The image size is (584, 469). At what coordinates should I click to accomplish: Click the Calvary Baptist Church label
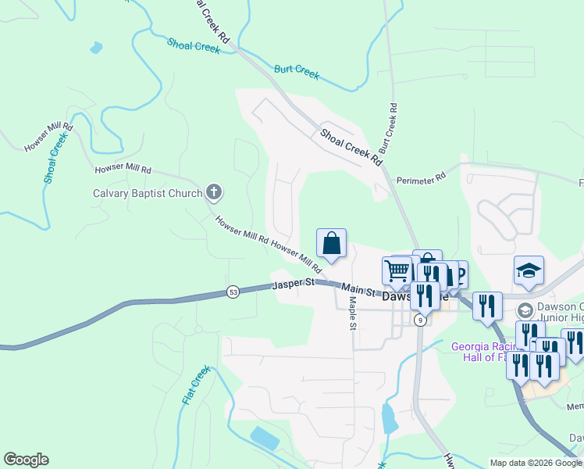coord(148,193)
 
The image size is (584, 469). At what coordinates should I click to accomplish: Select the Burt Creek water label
coord(297,72)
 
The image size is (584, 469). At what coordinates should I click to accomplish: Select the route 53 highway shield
coord(233,292)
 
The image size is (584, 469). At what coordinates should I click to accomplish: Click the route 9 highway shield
coord(420,320)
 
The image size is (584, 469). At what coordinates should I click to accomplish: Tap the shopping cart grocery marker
coord(397,270)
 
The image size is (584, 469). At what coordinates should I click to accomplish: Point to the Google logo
coord(26,460)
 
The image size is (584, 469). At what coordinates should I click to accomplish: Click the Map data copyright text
coord(536,463)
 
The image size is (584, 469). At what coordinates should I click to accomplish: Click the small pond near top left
coord(96,48)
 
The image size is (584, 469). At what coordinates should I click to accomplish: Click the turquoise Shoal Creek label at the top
coord(193,46)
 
